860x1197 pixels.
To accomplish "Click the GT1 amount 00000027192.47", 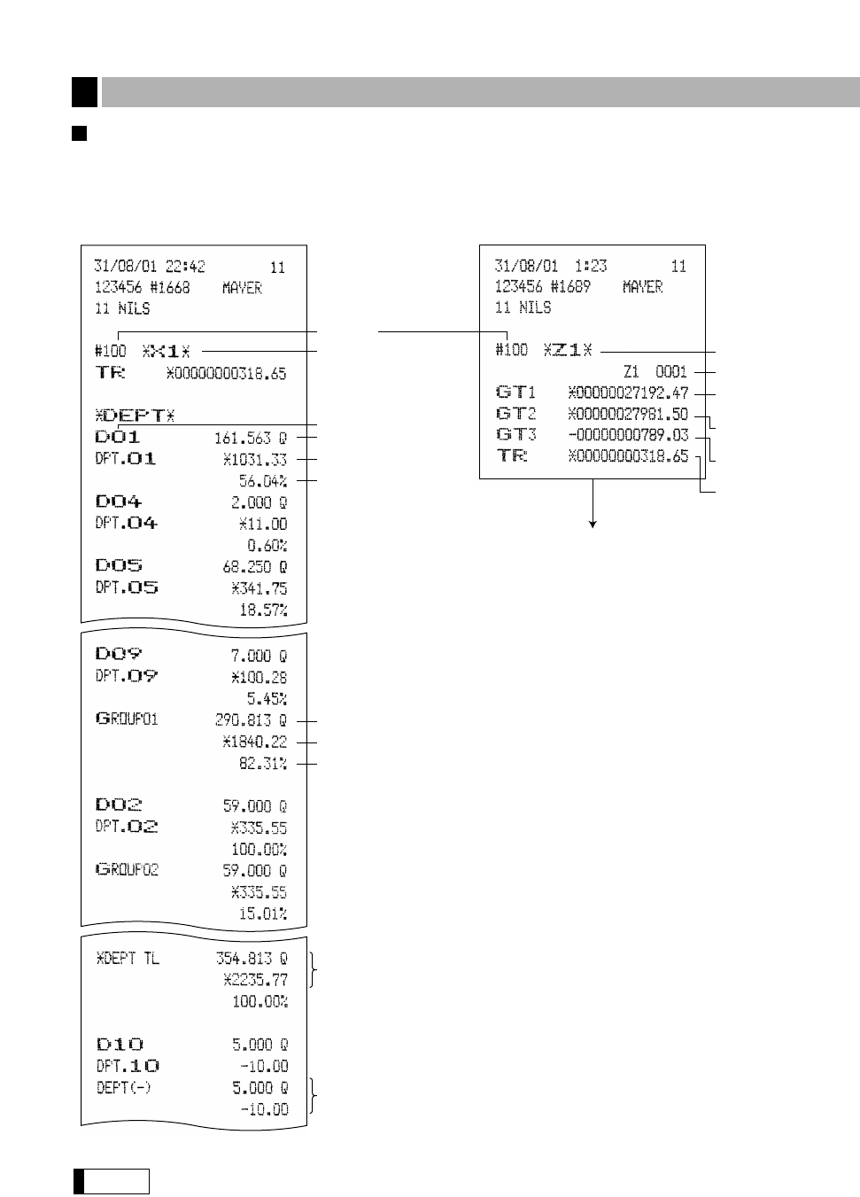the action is (x=628, y=393).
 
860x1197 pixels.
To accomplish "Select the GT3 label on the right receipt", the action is (x=515, y=435).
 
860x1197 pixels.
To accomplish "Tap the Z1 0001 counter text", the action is (x=655, y=371).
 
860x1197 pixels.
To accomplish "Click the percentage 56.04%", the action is (x=263, y=481).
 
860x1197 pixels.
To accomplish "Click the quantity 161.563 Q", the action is (x=251, y=438).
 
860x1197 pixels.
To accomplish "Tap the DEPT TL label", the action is (x=128, y=959).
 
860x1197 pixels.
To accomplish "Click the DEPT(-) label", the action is (x=123, y=1087).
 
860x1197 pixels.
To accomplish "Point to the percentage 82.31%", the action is (x=263, y=763).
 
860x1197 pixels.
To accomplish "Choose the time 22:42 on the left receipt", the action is (x=186, y=267).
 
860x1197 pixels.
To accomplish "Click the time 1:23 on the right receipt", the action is (x=587, y=266).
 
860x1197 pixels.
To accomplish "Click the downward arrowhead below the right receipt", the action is (x=593, y=525).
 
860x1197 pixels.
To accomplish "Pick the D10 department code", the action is (x=119, y=1045).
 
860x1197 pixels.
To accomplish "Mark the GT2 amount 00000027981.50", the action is (x=628, y=414).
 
